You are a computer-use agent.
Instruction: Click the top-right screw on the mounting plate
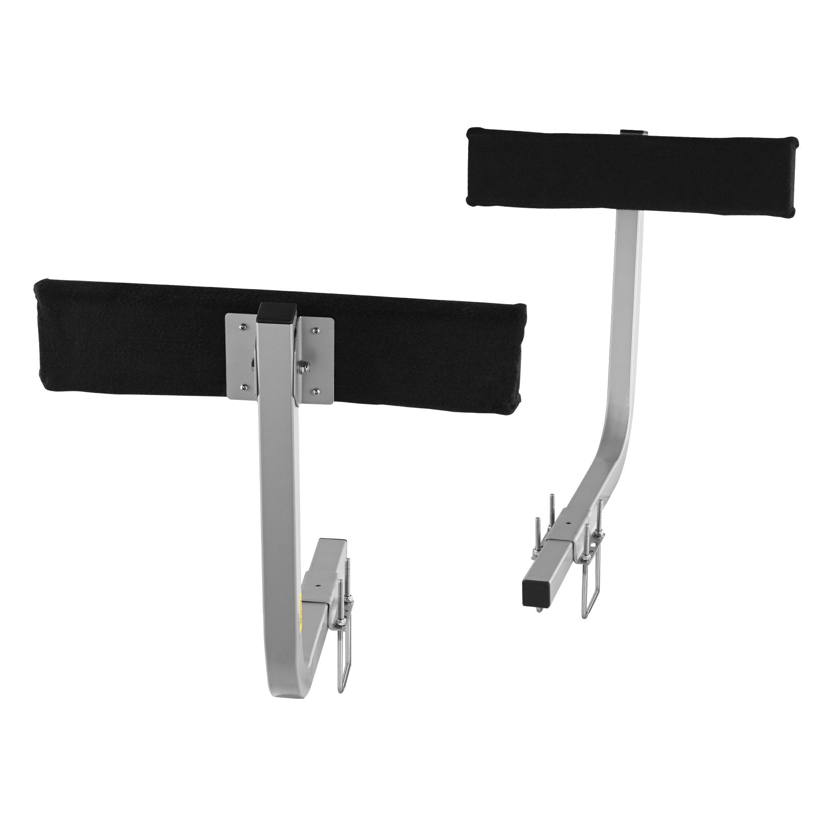coord(316,329)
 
